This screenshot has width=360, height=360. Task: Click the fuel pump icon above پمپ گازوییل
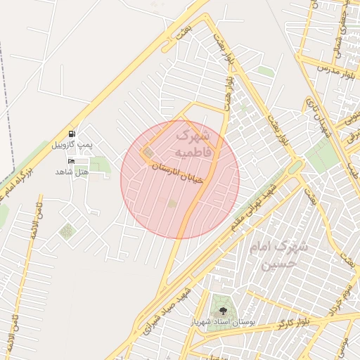pos(73,134)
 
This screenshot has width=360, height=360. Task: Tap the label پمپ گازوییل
pos(72,145)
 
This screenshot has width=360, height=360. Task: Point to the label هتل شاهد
pos(73,172)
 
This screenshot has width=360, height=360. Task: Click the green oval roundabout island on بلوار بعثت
pos(296,166)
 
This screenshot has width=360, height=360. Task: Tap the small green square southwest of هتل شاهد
pos(66,231)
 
